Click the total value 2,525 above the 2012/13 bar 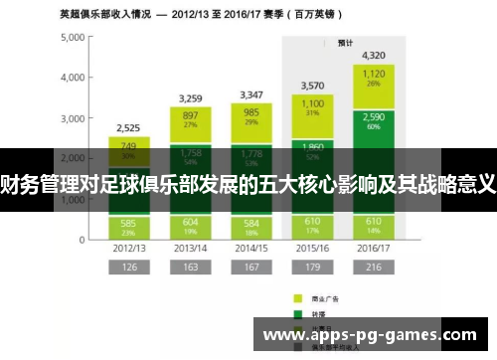pyautogui.click(x=127, y=127)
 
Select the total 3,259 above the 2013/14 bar pyautogui.click(x=192, y=97)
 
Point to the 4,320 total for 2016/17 pyautogui.click(x=374, y=55)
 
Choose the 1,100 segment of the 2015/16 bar pyautogui.click(x=312, y=107)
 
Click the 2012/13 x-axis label pyautogui.click(x=127, y=248)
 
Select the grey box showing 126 pyautogui.click(x=127, y=268)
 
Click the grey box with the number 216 pyautogui.click(x=374, y=268)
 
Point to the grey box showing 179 pyautogui.click(x=312, y=268)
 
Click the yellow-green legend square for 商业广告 pyautogui.click(x=297, y=297)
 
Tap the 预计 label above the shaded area pyautogui.click(x=346, y=43)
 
